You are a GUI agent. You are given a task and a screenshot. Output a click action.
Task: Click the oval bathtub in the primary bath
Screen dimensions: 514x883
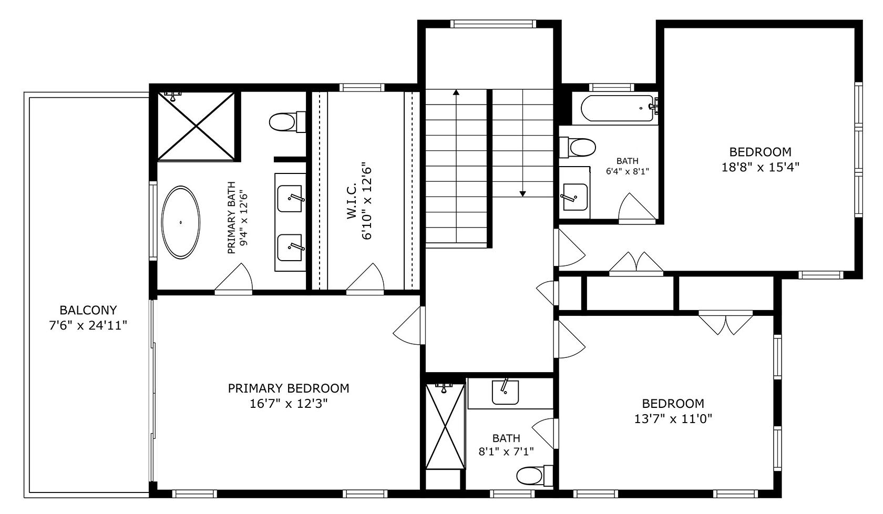coord(180,222)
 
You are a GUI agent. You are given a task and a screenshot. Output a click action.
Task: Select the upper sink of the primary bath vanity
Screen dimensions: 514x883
coord(290,198)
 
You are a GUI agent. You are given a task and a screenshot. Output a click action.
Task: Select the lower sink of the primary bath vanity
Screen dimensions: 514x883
coord(290,248)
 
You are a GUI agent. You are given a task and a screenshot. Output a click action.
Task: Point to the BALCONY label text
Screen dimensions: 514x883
coord(88,310)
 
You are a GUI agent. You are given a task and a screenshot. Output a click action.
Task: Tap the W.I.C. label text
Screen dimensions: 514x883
coord(352,201)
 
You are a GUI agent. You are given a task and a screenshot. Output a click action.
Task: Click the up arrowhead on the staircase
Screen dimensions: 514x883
coord(456,92)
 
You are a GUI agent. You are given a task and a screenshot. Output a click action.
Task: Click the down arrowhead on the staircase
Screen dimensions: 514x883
coord(522,194)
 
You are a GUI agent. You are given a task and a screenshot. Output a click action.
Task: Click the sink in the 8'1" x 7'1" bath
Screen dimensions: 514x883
coord(505,393)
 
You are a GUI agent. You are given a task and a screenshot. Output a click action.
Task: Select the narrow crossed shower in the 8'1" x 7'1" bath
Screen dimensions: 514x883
coord(445,426)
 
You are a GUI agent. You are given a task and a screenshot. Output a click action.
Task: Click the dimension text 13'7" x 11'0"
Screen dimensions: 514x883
coord(673,419)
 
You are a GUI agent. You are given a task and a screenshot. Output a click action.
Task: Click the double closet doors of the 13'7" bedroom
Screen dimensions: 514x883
coord(726,324)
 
